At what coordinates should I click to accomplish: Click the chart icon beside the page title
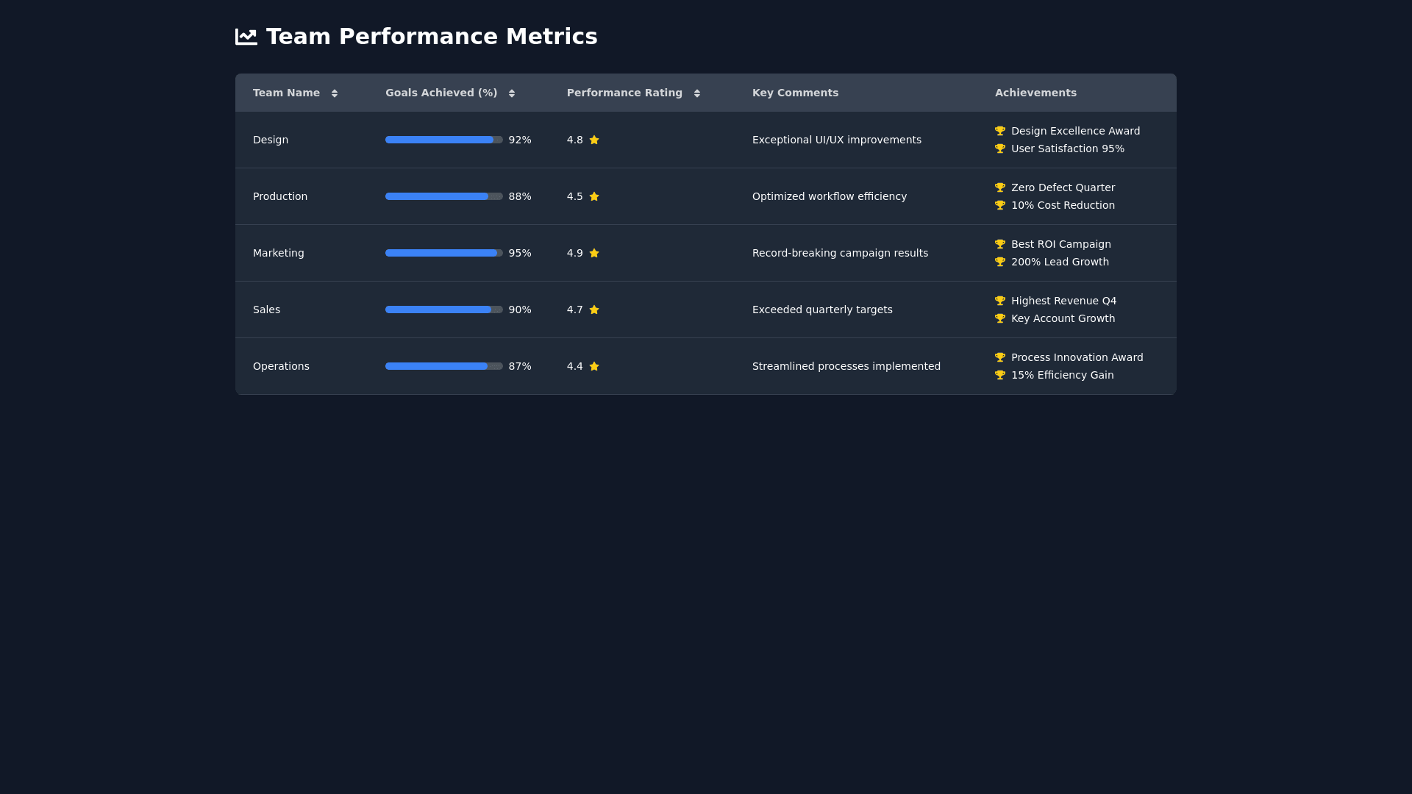246,37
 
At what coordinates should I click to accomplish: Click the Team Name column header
286,93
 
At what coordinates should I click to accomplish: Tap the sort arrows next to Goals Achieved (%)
512,93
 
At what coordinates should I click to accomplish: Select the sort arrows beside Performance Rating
697,93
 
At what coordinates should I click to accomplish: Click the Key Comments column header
795,93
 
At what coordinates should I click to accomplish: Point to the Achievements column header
1035,93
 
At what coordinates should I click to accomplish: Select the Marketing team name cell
278,253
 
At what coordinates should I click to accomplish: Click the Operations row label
281,366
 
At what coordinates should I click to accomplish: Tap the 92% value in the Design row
519,140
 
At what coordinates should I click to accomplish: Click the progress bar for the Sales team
443,310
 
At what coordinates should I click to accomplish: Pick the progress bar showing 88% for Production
443,196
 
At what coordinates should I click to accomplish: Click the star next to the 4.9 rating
594,253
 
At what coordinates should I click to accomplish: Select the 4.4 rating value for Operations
574,366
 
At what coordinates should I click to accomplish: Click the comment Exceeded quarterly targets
822,310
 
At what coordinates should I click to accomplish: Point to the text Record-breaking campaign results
840,253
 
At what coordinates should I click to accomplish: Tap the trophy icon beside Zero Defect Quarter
1000,187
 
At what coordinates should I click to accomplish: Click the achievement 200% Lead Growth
1060,262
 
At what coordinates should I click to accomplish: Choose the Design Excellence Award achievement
1075,131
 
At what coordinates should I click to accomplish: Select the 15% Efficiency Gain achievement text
1062,375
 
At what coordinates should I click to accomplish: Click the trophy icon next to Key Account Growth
1000,318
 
